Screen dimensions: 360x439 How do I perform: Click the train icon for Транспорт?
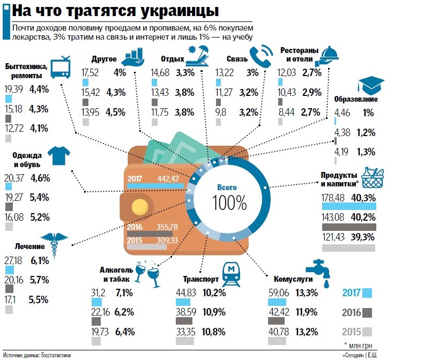(x=232, y=275)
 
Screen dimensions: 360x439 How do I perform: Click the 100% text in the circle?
(x=229, y=203)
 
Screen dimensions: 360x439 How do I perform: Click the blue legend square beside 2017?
(x=367, y=293)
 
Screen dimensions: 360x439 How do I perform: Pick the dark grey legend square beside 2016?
(x=367, y=312)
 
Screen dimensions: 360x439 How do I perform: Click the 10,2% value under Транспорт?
(x=214, y=292)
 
